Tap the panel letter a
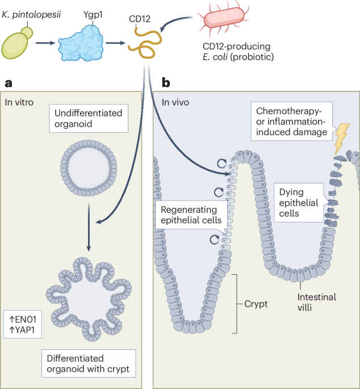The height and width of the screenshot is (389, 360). coord(8,83)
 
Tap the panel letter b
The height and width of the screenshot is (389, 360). coord(166,83)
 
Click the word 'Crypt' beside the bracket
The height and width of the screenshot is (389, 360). coord(256,303)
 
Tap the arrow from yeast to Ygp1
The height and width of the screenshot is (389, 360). coord(47,43)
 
